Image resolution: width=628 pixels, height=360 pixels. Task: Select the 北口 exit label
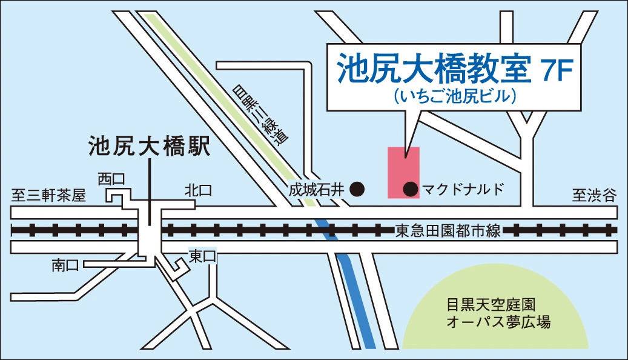point(198,191)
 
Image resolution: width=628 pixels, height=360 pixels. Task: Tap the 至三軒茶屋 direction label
point(49,195)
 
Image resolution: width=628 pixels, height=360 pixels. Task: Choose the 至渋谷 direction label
point(593,195)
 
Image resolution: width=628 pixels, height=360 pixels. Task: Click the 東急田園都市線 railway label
point(448,231)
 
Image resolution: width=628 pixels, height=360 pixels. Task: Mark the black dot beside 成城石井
point(359,190)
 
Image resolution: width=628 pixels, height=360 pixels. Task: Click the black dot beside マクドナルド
point(411,190)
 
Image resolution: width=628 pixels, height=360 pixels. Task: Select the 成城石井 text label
point(316,190)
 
